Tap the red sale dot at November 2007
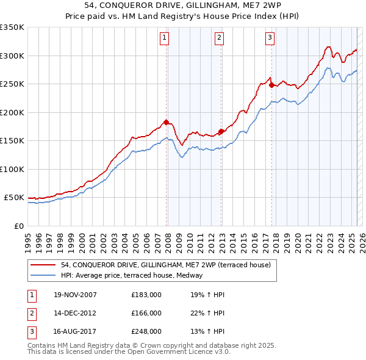tap(166, 122)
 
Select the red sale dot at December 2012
tap(221, 131)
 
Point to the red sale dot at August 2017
tap(271, 85)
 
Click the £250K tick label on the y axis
tap(12, 84)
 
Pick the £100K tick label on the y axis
tap(12, 169)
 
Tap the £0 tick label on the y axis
tap(18, 226)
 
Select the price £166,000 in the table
tap(146, 313)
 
